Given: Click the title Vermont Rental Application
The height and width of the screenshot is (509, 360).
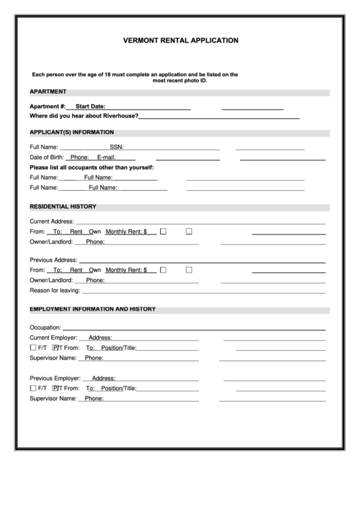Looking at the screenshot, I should (x=181, y=40).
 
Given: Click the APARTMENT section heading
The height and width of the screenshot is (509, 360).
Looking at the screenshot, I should (x=48, y=92).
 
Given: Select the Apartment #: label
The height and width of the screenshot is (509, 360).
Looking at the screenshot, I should (x=48, y=107).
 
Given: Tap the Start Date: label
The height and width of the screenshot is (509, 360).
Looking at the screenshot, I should (x=90, y=107).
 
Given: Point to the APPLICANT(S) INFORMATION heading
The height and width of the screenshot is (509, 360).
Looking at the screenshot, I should (x=71, y=133).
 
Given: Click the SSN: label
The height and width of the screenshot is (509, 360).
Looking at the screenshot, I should (x=116, y=147).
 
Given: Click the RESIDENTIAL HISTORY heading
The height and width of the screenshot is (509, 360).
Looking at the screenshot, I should (x=62, y=207).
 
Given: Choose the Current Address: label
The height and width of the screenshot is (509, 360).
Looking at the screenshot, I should (x=52, y=222).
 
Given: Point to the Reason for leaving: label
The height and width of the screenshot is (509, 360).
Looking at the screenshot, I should (x=54, y=290).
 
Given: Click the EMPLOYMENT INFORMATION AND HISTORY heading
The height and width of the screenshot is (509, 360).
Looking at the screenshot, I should (x=92, y=309).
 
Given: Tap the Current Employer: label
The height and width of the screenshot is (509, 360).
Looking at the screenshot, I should (x=54, y=338).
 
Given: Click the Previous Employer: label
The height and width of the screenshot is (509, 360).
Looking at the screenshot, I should (x=55, y=379).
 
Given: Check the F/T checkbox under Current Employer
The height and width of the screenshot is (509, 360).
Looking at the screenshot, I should (x=33, y=348).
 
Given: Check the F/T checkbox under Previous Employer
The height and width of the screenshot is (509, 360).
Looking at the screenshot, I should (x=33, y=389).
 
